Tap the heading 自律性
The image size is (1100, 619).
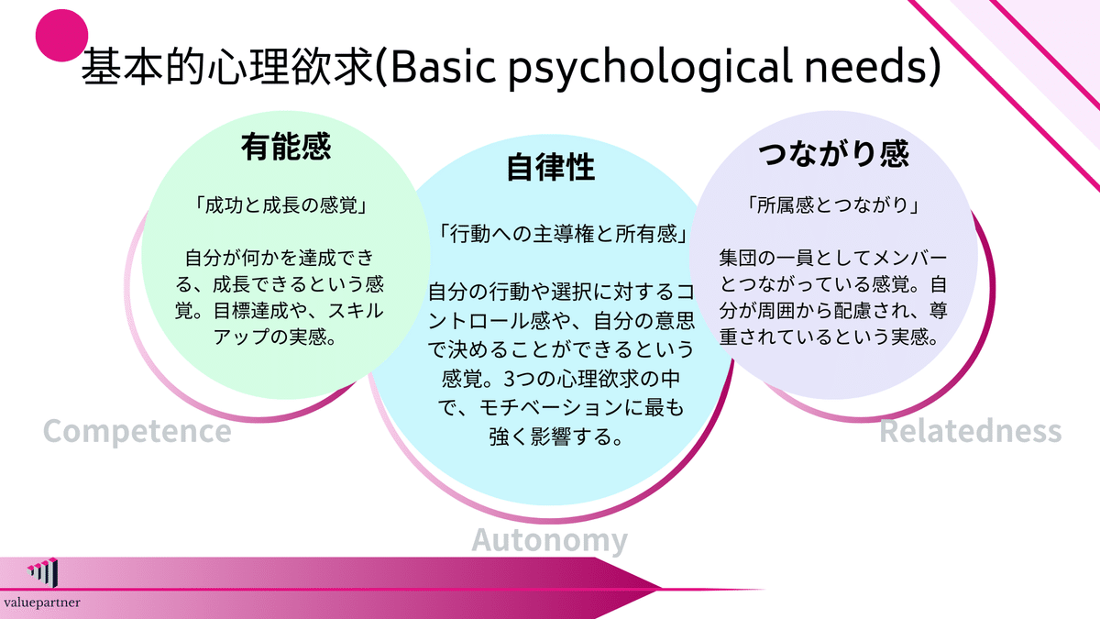551,168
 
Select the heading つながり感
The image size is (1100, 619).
834,153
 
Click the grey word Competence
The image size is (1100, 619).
137,430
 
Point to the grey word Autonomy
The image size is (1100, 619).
550,540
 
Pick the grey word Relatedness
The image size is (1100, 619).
970,430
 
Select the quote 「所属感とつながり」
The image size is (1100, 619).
833,206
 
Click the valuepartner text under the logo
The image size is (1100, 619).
41,602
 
